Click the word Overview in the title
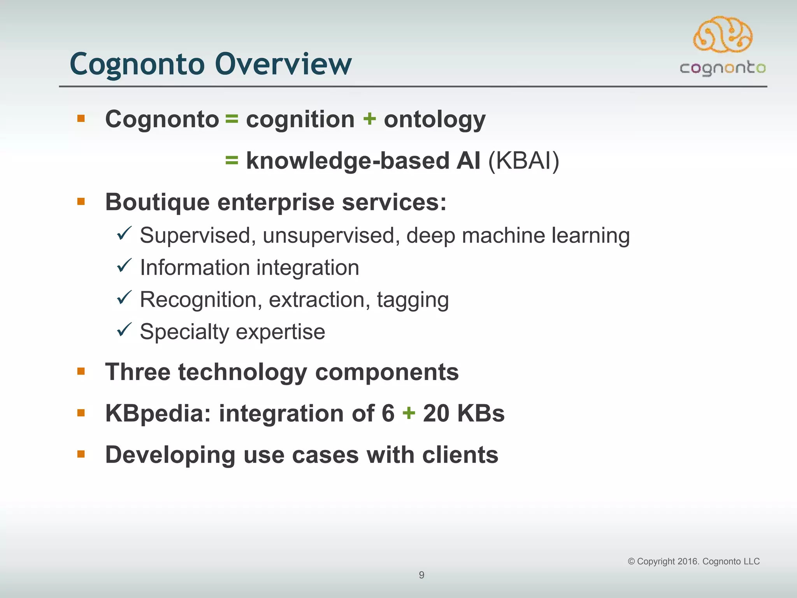(x=283, y=64)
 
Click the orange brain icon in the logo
(x=723, y=35)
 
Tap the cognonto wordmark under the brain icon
(x=723, y=69)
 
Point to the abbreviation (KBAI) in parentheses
(x=523, y=161)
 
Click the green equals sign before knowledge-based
(x=232, y=160)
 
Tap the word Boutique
(x=157, y=202)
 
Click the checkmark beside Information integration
(x=125, y=266)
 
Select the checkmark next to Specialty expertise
(x=125, y=330)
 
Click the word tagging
(x=413, y=300)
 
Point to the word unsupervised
(x=331, y=236)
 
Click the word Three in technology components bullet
(x=138, y=372)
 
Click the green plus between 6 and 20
(x=409, y=413)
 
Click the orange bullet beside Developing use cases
(x=81, y=454)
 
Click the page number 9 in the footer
(x=421, y=575)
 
